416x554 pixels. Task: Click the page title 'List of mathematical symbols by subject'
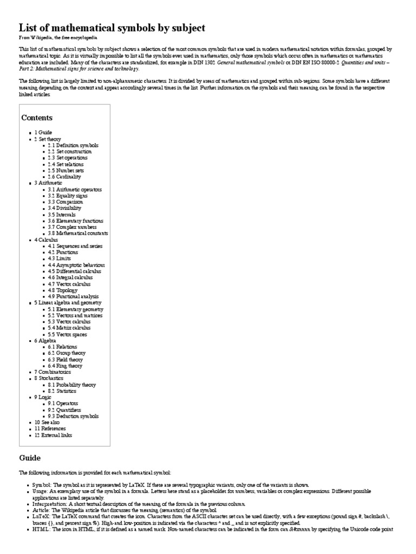112,28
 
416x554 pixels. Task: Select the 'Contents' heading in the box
37,117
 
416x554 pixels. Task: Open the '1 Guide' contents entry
45,133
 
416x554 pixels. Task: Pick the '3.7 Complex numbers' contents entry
70,227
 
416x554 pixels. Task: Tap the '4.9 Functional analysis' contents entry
73,296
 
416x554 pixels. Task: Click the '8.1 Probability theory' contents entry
71,385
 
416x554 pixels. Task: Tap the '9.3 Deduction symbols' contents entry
73,416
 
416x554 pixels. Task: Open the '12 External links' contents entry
53,435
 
